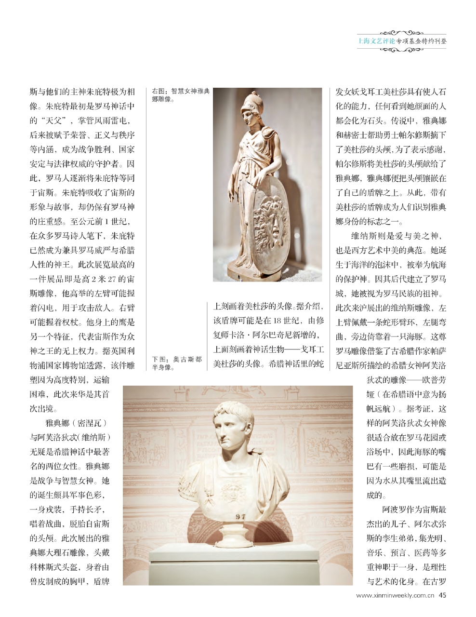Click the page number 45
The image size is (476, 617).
tap(442, 595)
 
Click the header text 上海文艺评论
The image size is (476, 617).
tap(376, 41)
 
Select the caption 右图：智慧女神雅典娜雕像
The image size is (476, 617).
tap(181, 95)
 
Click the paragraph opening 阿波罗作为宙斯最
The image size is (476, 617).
tap(414, 510)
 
